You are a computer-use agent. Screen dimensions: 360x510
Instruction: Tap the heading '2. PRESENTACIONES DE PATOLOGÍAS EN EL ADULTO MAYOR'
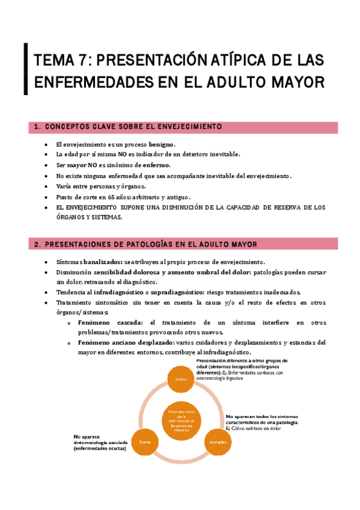pos(146,244)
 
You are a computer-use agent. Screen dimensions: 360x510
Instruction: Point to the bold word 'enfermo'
pos(156,165)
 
